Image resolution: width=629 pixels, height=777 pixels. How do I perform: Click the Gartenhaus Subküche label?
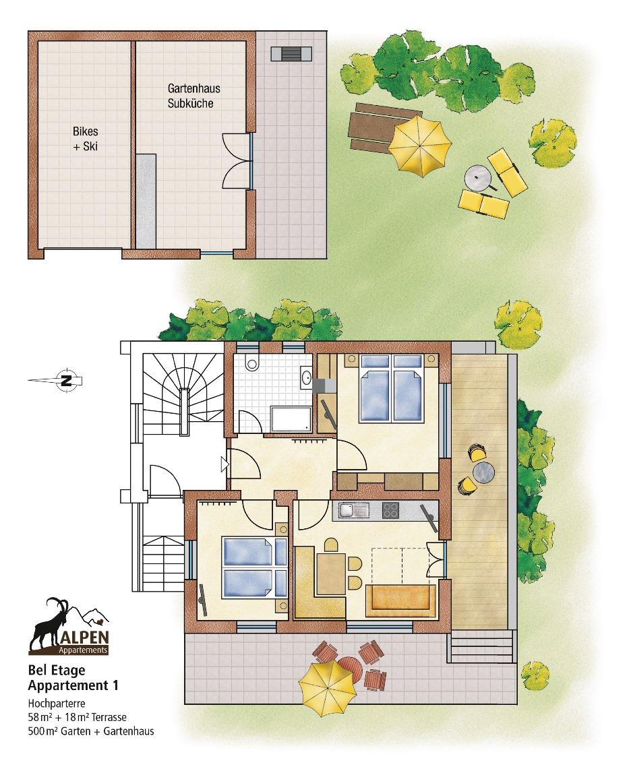193,96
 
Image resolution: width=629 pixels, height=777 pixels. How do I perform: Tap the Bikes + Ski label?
85,139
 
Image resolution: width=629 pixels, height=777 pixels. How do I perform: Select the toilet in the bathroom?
252,363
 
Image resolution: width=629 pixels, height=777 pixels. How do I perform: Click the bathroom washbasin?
306,377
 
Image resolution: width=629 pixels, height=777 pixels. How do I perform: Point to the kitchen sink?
354,510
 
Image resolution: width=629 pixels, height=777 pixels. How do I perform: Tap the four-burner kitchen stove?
390,510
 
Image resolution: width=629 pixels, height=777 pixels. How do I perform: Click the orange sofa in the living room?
400,600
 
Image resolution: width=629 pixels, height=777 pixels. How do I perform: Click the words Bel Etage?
57,670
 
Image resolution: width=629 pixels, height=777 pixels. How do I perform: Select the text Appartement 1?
73,686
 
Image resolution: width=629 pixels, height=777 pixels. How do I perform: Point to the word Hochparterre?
57,704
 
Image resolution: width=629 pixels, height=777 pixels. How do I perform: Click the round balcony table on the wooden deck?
483,472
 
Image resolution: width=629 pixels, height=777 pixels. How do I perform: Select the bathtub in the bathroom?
291,419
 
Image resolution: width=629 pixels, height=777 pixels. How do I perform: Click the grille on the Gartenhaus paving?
291,54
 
